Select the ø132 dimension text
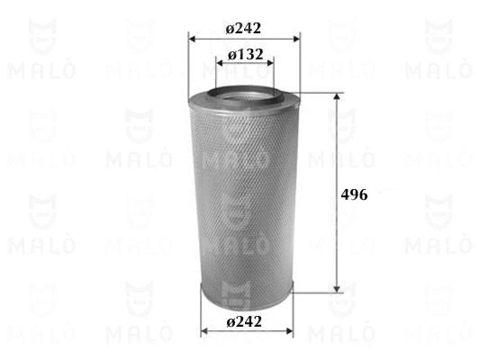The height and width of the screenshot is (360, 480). coord(245,55)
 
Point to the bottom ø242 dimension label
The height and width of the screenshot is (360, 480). coord(246,321)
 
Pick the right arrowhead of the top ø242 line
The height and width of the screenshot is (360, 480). coord(296,39)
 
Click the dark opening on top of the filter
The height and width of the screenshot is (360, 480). coord(245,89)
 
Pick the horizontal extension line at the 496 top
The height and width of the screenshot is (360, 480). coord(320,92)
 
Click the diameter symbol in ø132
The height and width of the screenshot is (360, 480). coord(233,55)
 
